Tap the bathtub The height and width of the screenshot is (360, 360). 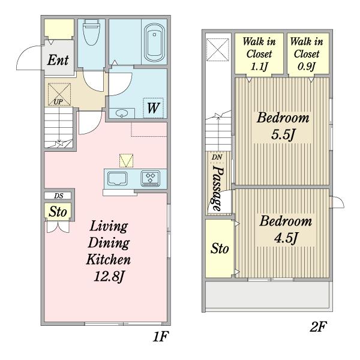[154, 43]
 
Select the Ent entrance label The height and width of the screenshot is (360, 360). [58, 60]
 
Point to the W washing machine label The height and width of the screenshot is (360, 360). [154, 108]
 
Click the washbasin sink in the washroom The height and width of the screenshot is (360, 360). [122, 113]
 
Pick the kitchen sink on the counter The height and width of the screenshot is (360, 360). [118, 178]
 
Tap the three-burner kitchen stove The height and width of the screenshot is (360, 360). [151, 178]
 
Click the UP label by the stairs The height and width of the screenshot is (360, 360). [58, 102]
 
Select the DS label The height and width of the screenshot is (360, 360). [59, 196]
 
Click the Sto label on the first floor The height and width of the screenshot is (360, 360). [58, 212]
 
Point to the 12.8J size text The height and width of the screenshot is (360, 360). [109, 277]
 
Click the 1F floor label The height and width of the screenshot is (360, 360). [161, 337]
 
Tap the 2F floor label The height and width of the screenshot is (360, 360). [318, 326]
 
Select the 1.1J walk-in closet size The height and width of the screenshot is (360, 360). [259, 67]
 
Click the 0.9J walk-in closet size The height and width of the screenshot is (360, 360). [306, 67]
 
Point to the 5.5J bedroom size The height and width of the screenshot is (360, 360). [283, 135]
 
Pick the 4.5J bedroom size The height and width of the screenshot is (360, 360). [286, 238]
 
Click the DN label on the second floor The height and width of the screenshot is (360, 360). [217, 157]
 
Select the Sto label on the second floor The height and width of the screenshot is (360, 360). [220, 248]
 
